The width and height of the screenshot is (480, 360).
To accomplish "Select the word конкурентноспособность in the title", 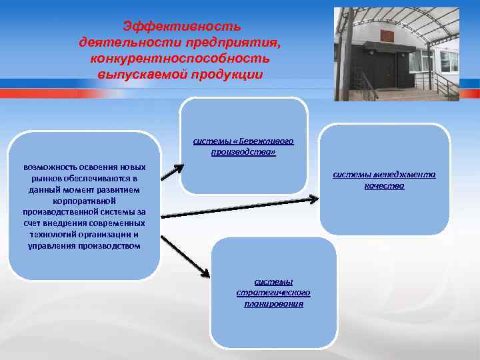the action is click(181, 58).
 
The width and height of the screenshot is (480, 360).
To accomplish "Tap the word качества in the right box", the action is click(384, 186).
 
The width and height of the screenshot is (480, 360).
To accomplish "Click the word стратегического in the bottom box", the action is click(273, 293).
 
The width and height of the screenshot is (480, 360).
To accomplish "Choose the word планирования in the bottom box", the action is click(273, 303).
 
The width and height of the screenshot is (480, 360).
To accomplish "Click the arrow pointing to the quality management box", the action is click(240, 207).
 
